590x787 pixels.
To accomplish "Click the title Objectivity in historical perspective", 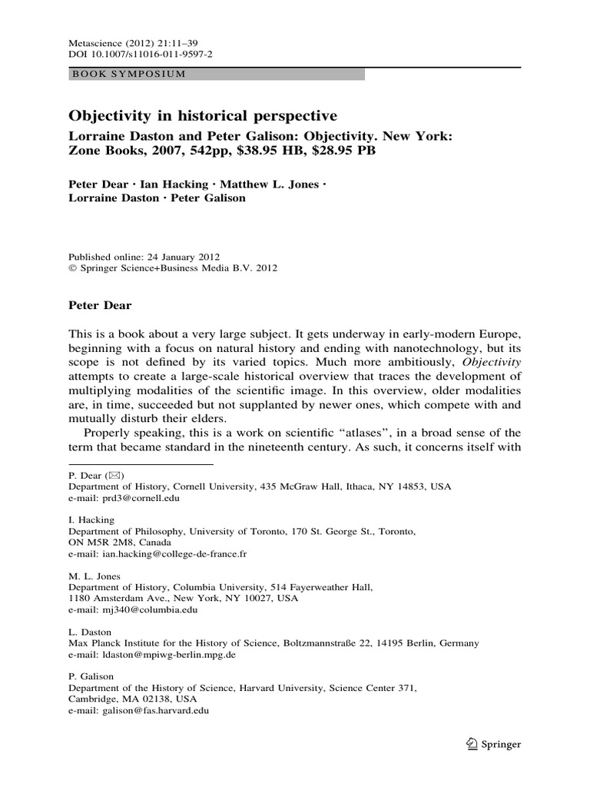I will (204, 116).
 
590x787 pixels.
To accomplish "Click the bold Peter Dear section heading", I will (101, 305).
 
